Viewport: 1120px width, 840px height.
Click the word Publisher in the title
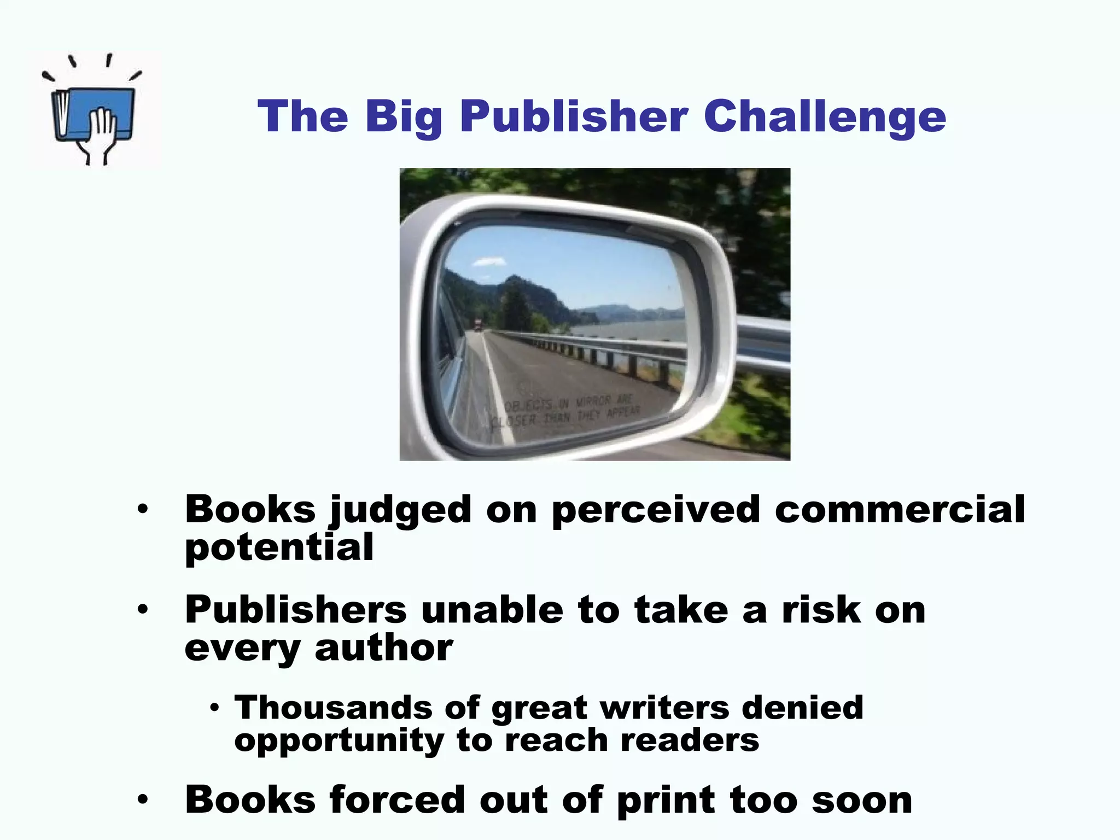click(574, 117)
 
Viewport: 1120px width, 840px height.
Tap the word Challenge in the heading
click(825, 117)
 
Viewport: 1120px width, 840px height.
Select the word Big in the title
click(404, 117)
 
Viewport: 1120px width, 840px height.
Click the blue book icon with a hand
click(94, 112)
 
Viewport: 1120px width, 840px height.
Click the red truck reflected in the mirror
click(479, 325)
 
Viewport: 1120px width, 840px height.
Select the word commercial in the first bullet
click(900, 510)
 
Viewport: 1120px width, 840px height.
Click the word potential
click(279, 548)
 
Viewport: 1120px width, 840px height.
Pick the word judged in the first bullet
click(400, 510)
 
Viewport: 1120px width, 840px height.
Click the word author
click(383, 648)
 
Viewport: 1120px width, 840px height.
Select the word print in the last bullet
click(666, 801)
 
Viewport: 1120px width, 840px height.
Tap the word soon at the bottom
click(862, 800)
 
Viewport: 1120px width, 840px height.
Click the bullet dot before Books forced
click(143, 800)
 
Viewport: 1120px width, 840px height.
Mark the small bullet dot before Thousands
click(214, 708)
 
